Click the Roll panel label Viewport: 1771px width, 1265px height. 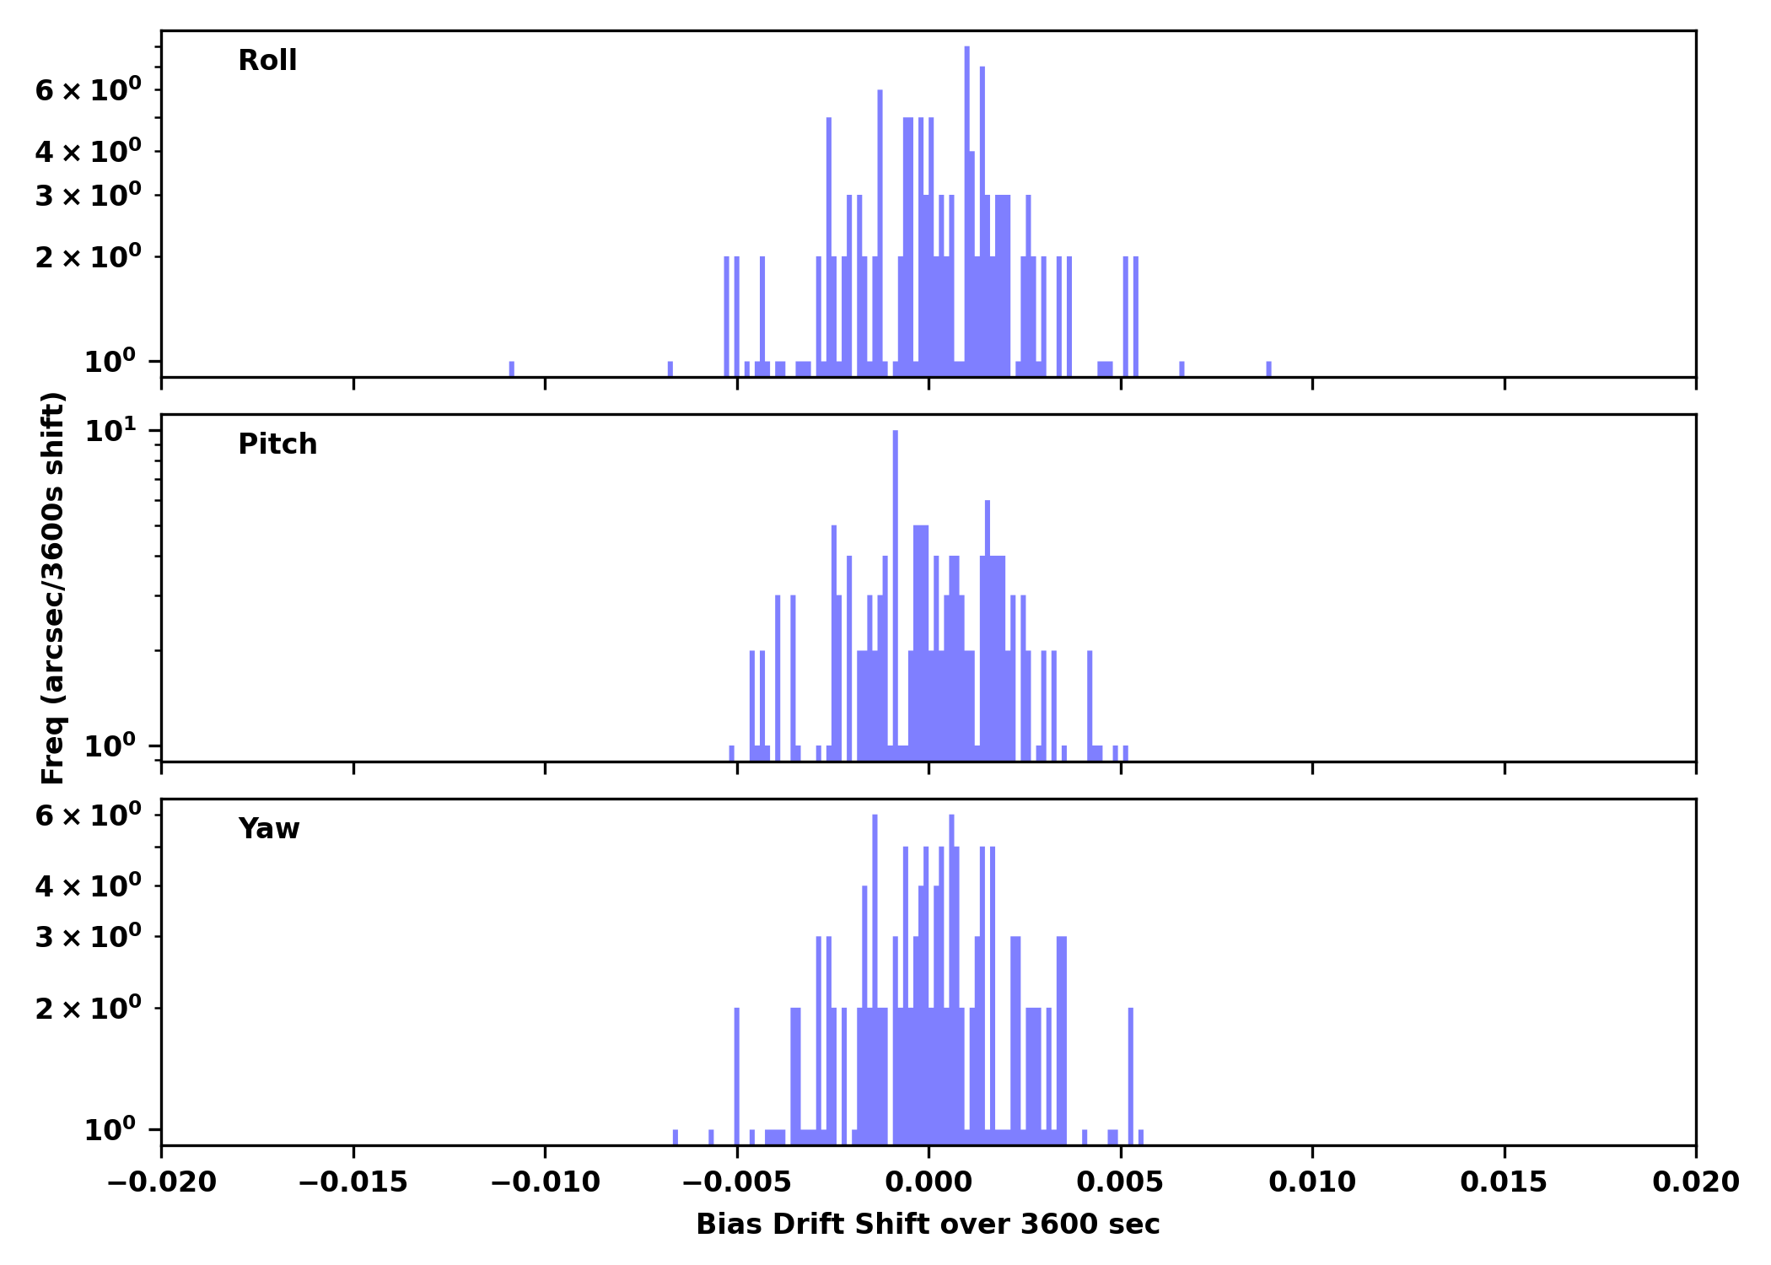[267, 61]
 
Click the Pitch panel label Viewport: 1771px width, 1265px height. [277, 444]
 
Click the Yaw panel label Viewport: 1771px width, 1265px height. [269, 829]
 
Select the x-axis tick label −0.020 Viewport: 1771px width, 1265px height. [161, 1182]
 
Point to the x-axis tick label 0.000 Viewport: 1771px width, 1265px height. [929, 1182]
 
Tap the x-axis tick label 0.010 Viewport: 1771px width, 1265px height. [1312, 1182]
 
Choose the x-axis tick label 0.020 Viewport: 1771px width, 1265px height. [1695, 1182]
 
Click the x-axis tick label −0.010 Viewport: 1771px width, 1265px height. [545, 1182]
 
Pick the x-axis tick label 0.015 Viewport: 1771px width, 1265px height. [1504, 1182]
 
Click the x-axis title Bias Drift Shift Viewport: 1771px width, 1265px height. [928, 1225]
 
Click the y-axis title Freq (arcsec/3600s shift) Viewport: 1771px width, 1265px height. [53, 588]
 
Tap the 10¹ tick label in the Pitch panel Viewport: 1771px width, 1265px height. [110, 432]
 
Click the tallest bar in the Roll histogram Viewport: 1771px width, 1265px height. [967, 211]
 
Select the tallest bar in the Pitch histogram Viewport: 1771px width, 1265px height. [895, 590]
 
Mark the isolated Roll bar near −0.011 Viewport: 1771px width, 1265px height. [511, 369]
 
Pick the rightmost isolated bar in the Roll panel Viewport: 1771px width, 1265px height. [1268, 369]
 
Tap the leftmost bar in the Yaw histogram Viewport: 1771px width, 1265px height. [676, 1137]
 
